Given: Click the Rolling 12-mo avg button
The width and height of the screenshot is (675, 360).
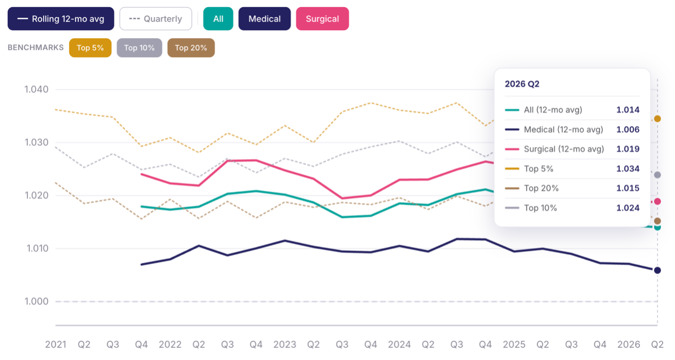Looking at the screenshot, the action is (61, 19).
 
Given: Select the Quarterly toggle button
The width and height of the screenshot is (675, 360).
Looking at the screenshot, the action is (155, 19).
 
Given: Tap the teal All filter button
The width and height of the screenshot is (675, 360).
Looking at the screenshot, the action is (218, 19).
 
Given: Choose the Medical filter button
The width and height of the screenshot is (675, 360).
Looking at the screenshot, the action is (265, 19).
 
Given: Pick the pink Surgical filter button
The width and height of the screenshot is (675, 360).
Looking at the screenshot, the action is (322, 19).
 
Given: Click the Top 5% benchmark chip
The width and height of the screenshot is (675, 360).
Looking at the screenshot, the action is (90, 48).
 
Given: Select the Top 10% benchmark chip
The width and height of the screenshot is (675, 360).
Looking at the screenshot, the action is (139, 48).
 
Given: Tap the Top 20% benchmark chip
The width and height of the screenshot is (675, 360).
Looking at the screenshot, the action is (191, 48).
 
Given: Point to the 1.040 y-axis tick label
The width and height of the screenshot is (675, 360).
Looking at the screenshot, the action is (36, 89).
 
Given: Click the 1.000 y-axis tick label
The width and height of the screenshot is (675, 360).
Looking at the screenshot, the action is (36, 301).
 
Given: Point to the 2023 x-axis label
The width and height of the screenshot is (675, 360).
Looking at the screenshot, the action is (285, 344).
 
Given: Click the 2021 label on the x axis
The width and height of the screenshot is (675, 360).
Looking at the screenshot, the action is (56, 344).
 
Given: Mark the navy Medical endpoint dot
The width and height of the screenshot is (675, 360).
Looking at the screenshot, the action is (658, 270).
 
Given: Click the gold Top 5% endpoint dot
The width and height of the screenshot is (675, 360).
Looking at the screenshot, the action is (658, 119).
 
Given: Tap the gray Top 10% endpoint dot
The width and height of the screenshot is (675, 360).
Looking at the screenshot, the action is (658, 175).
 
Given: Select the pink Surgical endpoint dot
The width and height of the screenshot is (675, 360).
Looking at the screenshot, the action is (658, 201).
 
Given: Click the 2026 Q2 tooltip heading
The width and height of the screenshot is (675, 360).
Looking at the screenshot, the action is (522, 84).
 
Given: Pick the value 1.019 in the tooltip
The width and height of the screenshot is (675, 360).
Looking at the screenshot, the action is (628, 149).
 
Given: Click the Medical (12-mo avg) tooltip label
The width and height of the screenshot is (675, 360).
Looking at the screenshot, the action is (564, 130).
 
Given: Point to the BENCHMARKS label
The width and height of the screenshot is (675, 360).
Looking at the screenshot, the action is (35, 48).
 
